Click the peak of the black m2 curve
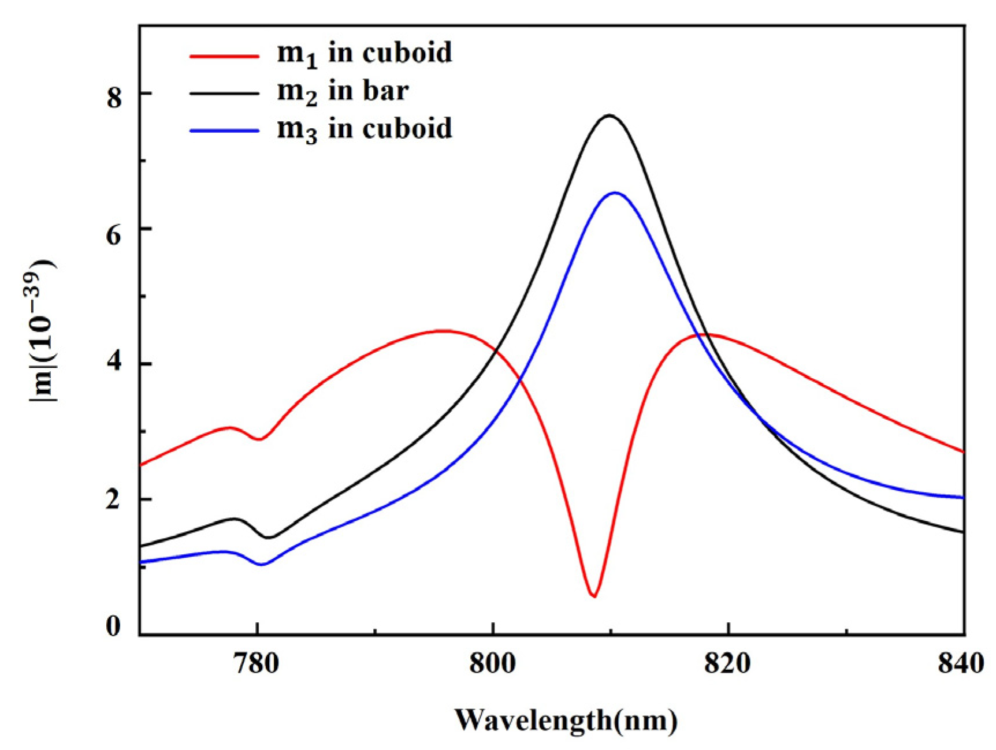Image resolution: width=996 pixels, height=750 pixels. pos(609,115)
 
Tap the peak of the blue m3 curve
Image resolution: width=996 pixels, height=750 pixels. pos(615,193)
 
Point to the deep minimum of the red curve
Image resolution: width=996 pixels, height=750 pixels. pos(594,596)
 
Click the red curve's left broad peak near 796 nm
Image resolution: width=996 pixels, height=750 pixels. pos(444,331)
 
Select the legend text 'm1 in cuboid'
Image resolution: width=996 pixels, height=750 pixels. pos(364,54)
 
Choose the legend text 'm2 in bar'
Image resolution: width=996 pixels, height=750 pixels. pos(343,91)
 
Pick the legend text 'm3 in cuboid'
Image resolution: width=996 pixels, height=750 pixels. pos(364,129)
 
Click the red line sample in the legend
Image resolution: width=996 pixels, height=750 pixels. pos(224,56)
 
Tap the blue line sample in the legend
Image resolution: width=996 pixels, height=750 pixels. pos(224,131)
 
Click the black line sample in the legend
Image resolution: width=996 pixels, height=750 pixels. pos(224,93)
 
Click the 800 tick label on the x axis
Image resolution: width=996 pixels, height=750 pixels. pos(493,664)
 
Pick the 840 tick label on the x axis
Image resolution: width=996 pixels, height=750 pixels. pos(960,664)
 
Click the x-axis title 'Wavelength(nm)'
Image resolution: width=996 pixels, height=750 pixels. pos(566,720)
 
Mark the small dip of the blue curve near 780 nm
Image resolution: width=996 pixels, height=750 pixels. pos(261,564)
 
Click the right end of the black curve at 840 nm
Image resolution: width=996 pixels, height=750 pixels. pos(963,532)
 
